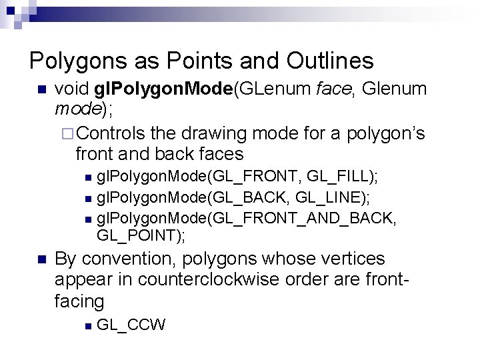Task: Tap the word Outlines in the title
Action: (330, 61)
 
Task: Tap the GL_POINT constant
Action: (138, 235)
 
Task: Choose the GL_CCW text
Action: (131, 325)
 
